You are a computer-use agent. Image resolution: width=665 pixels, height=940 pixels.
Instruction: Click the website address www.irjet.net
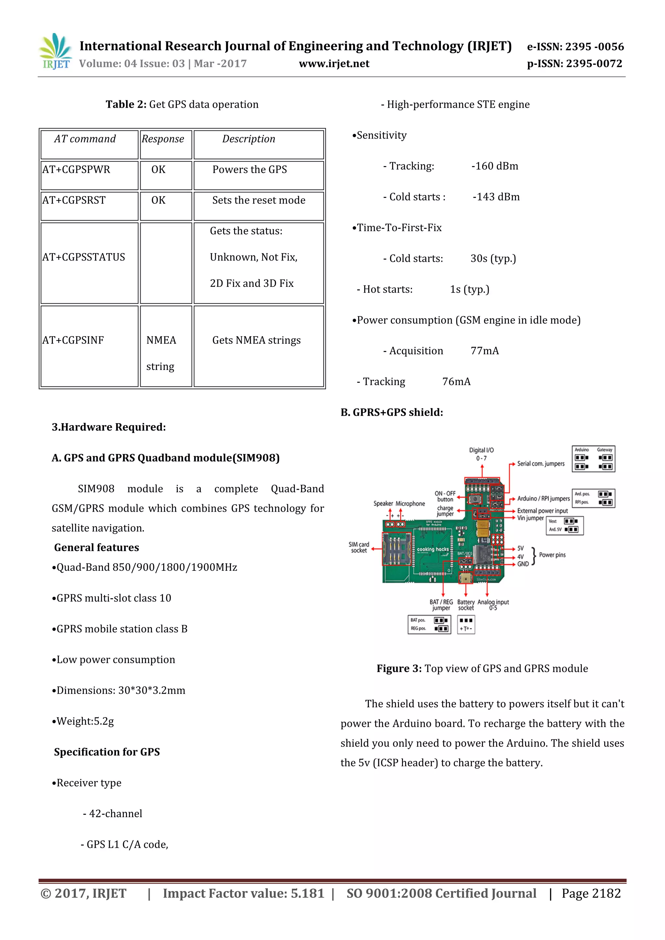[334, 64]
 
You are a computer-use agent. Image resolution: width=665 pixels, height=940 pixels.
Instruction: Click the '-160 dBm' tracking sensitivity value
[495, 166]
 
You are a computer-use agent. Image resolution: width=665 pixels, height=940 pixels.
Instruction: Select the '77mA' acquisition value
[485, 351]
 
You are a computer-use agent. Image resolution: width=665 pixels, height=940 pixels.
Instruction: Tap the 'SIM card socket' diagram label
[359, 547]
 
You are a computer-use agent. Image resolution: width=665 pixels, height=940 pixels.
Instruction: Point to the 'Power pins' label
[552, 555]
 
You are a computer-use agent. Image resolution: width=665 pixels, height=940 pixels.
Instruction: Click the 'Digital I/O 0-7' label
[482, 454]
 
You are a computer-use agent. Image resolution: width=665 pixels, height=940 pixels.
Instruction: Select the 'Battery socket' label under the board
[466, 605]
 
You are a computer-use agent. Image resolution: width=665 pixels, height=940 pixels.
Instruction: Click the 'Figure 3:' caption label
[399, 668]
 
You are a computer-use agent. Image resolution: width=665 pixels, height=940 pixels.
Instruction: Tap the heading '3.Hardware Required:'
[108, 427]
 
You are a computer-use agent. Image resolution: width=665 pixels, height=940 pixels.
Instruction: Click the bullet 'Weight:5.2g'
[83, 721]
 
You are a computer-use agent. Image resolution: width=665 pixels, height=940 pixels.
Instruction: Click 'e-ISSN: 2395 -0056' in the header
[575, 47]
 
